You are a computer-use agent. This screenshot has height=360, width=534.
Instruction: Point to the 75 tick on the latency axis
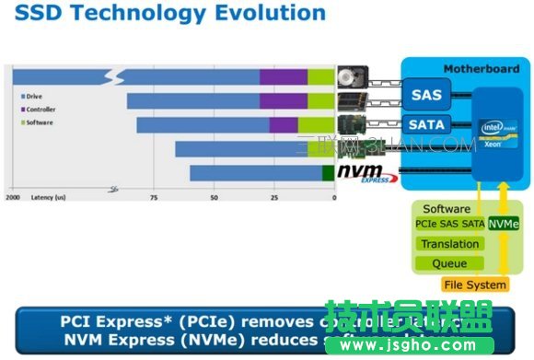point(153,197)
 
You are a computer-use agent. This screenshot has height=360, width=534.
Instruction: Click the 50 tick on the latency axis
point(214,197)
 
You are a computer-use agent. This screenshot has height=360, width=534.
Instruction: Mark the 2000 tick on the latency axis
point(13,197)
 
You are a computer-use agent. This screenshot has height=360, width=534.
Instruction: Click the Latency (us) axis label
point(48,197)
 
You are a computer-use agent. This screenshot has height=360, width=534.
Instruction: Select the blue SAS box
point(426,94)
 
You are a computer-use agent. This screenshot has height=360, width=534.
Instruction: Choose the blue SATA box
point(426,123)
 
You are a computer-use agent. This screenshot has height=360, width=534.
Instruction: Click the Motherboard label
point(476,69)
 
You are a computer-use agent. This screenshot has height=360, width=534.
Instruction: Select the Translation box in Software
point(449,244)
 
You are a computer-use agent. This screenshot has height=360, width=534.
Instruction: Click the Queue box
point(449,263)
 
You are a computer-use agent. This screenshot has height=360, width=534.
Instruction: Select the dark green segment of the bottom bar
point(328,172)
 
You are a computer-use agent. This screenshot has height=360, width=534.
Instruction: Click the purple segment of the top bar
point(283,75)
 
